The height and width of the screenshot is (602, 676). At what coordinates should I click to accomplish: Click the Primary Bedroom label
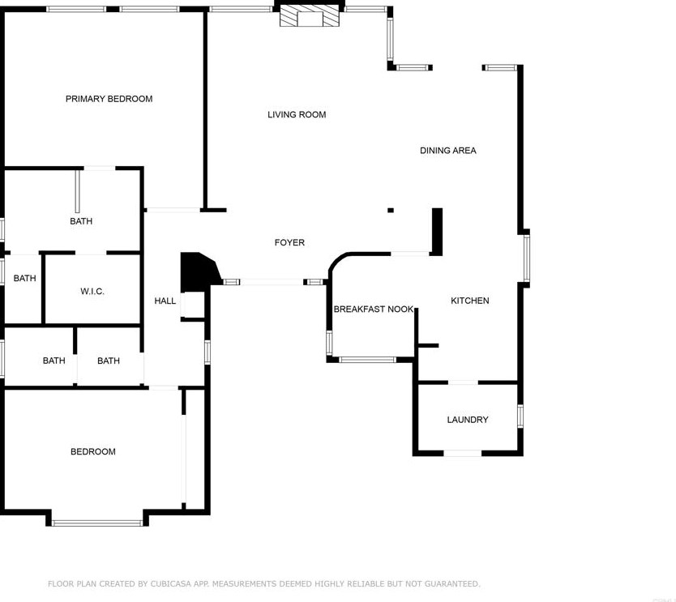click(x=109, y=99)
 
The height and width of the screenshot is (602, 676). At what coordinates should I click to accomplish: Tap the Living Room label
click(x=297, y=115)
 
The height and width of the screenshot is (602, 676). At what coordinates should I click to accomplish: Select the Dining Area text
click(x=447, y=151)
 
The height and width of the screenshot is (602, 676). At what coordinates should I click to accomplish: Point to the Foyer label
click(x=289, y=243)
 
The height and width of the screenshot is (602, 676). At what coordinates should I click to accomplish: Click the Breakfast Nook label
click(x=373, y=310)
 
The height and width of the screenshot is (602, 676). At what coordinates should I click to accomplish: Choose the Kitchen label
click(x=469, y=301)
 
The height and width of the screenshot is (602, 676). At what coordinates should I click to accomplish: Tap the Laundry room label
click(x=468, y=420)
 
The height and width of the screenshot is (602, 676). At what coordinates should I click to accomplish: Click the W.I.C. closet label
click(x=92, y=292)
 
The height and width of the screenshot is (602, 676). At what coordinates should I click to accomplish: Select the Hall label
click(x=165, y=301)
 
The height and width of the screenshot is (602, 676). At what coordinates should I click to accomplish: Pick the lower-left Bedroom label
click(x=92, y=452)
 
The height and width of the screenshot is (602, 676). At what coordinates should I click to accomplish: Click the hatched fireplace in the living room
click(x=309, y=17)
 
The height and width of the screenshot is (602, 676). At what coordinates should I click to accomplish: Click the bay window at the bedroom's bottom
click(x=97, y=523)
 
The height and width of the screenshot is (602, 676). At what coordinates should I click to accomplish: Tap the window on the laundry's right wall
click(x=520, y=416)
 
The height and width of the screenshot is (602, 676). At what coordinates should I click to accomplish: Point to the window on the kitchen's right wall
click(x=526, y=258)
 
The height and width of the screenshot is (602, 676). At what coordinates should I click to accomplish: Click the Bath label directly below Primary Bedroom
click(x=81, y=221)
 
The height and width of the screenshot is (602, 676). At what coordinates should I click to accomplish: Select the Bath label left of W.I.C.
click(x=24, y=279)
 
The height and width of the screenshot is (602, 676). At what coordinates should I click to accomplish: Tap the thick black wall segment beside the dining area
click(x=437, y=232)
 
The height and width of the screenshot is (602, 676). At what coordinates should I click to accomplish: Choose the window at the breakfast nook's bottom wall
click(x=367, y=360)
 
